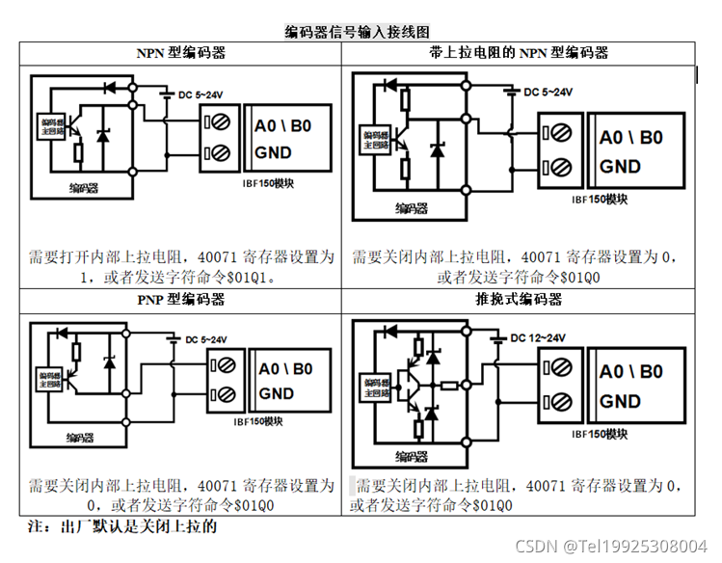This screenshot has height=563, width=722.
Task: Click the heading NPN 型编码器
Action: [x=181, y=53]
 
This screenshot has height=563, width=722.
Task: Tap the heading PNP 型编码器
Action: [x=181, y=299]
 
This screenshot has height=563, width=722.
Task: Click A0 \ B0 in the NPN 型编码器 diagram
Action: [x=282, y=127]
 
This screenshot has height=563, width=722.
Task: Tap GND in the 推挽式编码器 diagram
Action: [x=620, y=401]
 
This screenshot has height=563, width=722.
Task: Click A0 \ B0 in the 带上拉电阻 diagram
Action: [x=631, y=138]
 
